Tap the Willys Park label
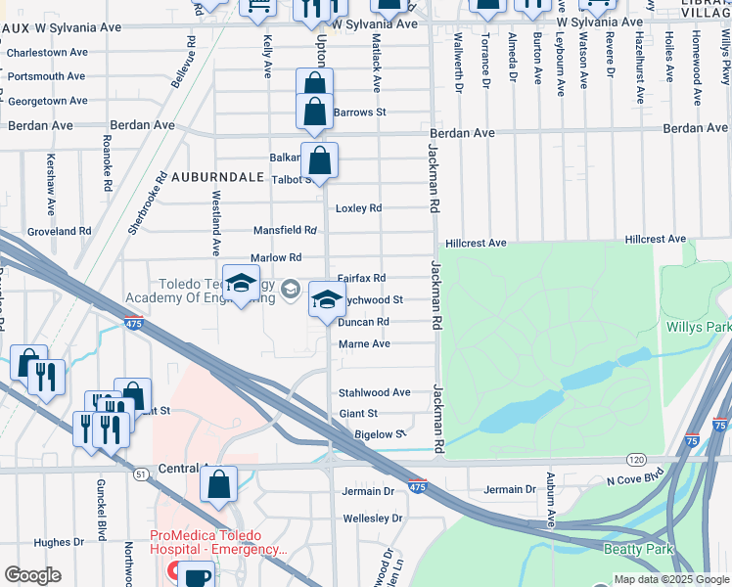pos(698,327)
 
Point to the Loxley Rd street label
pos(358,208)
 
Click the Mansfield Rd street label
pos(285,231)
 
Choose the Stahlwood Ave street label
pos(374,392)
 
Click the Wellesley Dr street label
pos(372,518)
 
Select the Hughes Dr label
pos(59,542)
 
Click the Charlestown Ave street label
pos(48,52)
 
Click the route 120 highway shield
pos(636,459)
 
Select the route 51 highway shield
pos(141,474)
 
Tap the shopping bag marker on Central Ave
pos(219,483)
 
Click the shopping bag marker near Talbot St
pos(319,160)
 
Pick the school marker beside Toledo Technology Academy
pos(241,285)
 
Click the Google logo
pos(32,575)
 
